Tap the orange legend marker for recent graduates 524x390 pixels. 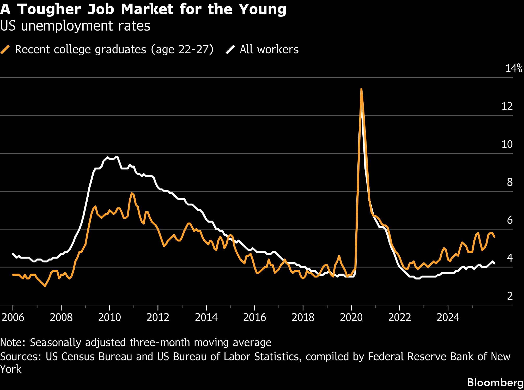tap(5, 49)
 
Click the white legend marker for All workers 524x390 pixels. tap(230, 49)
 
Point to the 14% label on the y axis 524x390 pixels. tap(514, 68)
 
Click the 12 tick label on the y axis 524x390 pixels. tap(507, 106)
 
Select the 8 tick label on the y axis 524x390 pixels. tap(510, 182)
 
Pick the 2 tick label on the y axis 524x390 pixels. tap(510, 296)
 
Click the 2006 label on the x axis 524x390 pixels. tap(13, 317)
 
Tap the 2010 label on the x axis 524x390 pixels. tap(109, 317)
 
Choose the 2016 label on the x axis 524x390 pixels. tap(254, 317)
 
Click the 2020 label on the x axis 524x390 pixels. tap(351, 317)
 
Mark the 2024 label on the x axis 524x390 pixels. tap(448, 317)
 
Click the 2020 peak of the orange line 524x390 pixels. tap(361, 89)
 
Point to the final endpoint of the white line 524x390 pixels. tap(495, 264)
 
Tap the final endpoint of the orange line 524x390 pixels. tap(495, 237)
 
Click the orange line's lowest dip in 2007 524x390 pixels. tap(45, 286)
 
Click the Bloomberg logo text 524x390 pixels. tap(495, 382)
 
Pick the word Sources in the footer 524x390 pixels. tap(21, 357)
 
